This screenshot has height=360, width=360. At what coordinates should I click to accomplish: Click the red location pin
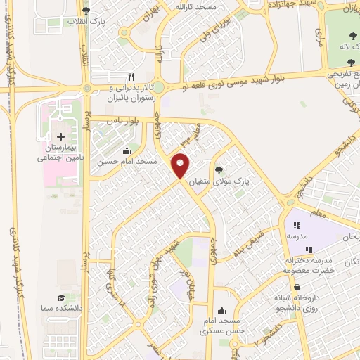coord(181,166)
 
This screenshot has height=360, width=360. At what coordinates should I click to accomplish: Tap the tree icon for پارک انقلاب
coord(86,11)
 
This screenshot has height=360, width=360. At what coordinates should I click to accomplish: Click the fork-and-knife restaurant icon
coord(130,77)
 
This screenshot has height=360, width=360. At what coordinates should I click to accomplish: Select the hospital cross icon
coord(60,136)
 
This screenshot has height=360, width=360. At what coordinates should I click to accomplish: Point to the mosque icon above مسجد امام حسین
coord(127,150)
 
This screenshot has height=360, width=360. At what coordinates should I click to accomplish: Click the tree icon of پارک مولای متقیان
coord(219,169)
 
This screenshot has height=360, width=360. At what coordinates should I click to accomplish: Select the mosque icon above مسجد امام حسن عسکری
coord(222,309)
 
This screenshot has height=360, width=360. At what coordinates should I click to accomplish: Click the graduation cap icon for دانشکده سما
coord(60,298)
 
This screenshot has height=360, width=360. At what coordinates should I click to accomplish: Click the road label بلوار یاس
coord(120,121)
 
